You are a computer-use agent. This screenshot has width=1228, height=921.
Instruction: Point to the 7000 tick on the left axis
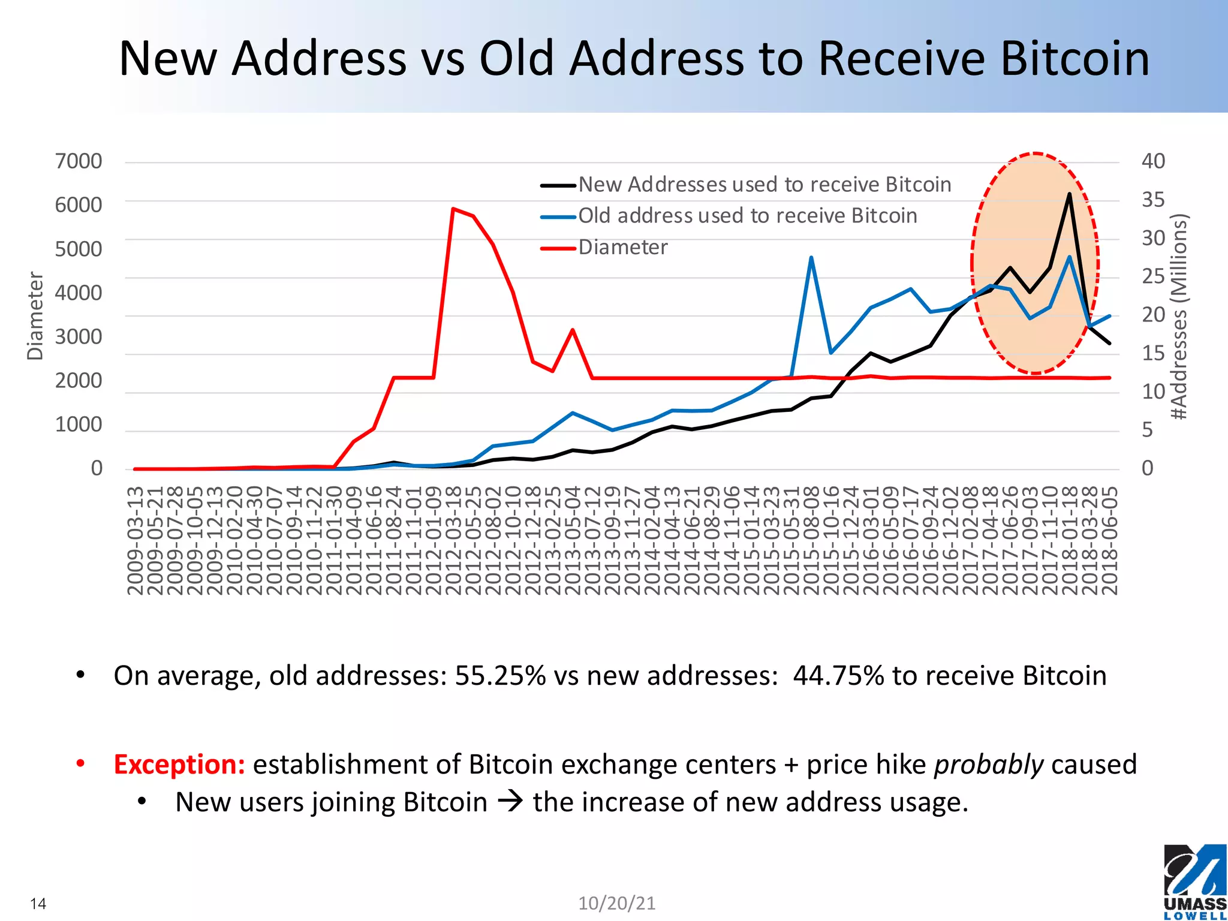[79, 161]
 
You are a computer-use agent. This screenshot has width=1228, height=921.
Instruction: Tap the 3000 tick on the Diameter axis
[79, 337]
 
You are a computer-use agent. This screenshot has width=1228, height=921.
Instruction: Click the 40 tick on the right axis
[1153, 161]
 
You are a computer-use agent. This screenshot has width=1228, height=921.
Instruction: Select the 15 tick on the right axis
[1153, 353]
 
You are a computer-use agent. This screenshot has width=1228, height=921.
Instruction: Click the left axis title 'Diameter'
[35, 316]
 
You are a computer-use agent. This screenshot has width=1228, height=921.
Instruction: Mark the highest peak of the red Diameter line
[453, 209]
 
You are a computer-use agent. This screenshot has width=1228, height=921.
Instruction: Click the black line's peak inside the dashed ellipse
[1069, 194]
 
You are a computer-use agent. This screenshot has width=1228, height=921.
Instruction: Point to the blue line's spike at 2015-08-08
[811, 258]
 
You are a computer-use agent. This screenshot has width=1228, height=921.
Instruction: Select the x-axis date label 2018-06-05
[1110, 540]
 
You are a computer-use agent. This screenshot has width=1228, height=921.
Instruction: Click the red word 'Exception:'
[179, 765]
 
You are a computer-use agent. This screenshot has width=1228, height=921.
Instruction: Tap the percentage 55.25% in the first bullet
[500, 676]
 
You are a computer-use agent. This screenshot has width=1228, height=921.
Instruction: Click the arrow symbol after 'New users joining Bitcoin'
[510, 802]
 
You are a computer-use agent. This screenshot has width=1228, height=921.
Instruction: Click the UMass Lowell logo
[1194, 881]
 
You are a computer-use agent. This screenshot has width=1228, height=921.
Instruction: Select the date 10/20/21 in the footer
[616, 903]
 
